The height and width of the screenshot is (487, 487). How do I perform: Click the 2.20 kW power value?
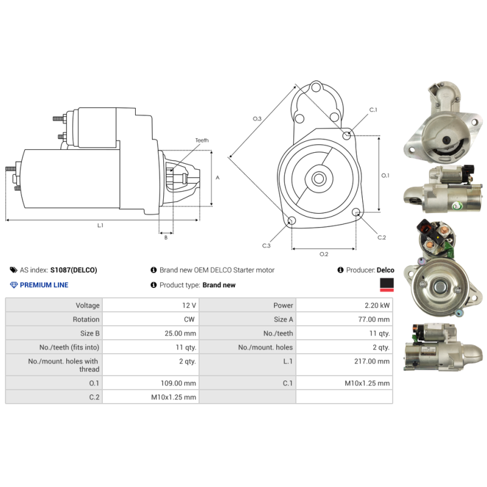(378, 306)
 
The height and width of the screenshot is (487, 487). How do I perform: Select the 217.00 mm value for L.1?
(374, 361)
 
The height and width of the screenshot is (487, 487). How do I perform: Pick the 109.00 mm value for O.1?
(181, 384)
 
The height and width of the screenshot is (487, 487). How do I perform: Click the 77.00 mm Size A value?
(374, 320)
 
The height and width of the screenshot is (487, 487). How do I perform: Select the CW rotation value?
(189, 320)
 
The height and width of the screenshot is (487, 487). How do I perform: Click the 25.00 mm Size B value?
(181, 334)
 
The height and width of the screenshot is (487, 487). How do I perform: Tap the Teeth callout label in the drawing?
(201, 141)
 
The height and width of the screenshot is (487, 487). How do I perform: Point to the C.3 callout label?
(266, 245)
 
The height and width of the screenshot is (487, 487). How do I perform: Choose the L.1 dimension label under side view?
(100, 225)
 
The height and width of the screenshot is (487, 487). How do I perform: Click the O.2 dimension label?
(324, 254)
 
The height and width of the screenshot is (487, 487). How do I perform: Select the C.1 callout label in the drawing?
(373, 110)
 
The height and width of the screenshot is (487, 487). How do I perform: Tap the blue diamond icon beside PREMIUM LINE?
(14, 285)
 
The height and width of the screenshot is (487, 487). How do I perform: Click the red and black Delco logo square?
(385, 284)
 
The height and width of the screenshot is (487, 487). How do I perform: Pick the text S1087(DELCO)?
(74, 270)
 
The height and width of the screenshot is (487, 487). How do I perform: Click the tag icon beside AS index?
(13, 270)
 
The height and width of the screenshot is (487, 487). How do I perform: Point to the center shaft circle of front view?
(318, 178)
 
